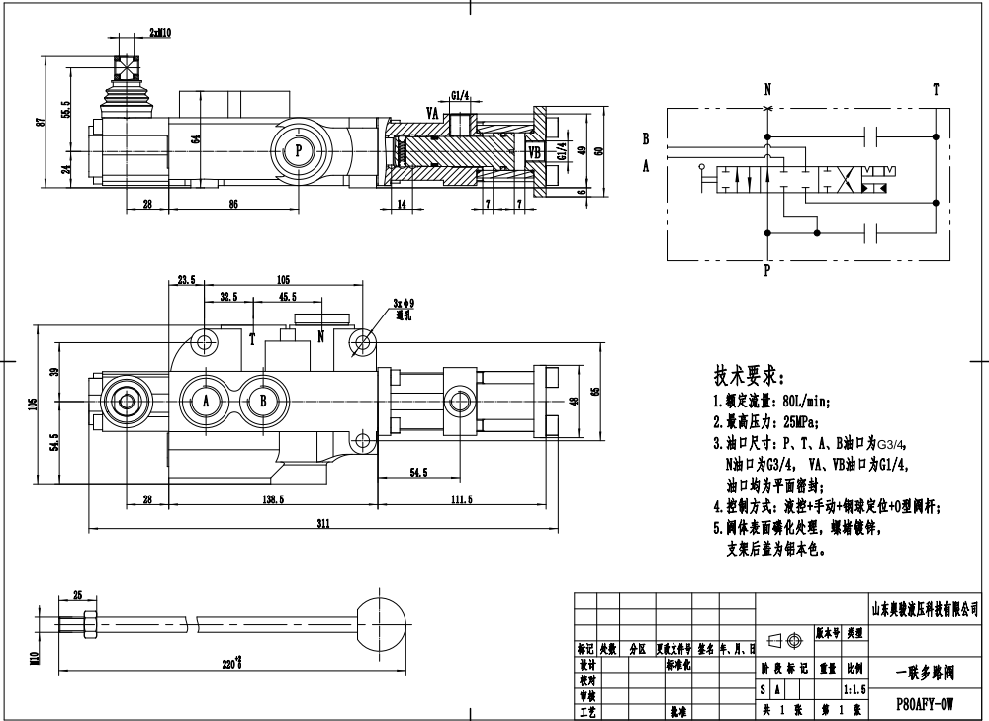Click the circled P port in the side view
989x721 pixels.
(299, 151)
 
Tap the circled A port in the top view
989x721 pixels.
(207, 401)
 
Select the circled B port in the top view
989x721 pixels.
(263, 401)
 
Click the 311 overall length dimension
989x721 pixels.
(322, 524)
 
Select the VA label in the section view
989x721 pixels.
(432, 113)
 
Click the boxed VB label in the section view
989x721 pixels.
(534, 152)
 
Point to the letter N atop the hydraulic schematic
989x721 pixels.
(767, 89)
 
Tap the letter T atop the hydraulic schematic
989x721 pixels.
(936, 89)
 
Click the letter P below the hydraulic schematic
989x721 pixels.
(767, 268)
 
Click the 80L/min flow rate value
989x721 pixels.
(802, 402)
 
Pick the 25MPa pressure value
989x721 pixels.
(795, 422)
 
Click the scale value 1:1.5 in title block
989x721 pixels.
(853, 688)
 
